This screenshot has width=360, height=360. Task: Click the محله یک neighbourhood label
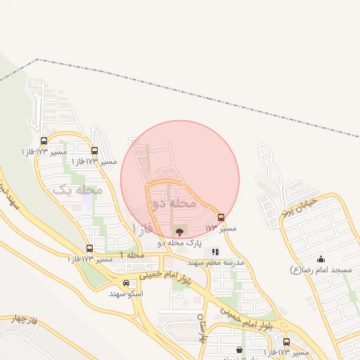click(x=77, y=190)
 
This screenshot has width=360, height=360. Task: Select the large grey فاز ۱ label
click(x=141, y=228)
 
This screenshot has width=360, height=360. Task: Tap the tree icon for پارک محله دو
click(x=179, y=231)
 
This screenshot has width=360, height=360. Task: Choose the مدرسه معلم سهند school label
click(x=215, y=262)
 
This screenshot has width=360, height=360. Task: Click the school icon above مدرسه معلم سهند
click(x=215, y=251)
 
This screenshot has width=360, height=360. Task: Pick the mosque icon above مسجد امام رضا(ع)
click(x=321, y=259)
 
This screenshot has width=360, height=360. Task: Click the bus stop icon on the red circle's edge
click(x=221, y=218)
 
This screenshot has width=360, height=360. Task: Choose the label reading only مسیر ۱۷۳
click(x=221, y=229)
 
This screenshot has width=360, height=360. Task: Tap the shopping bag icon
click(x=240, y=349)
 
